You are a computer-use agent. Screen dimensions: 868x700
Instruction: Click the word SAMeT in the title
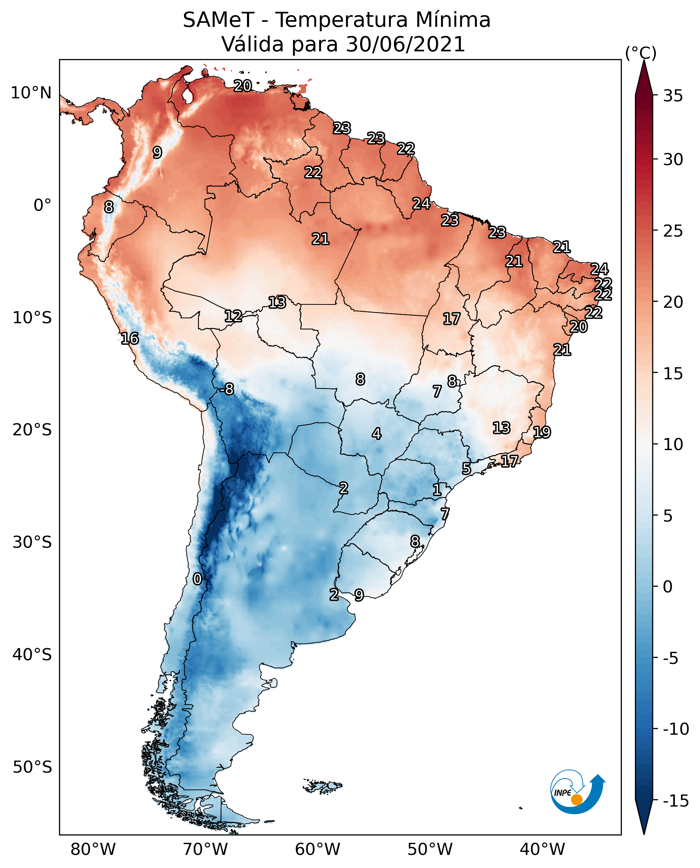(x=218, y=20)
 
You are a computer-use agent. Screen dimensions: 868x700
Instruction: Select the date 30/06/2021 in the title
(x=405, y=44)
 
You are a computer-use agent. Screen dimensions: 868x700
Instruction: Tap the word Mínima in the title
(x=453, y=20)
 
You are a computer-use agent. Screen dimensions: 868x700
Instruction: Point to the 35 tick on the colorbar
(x=673, y=96)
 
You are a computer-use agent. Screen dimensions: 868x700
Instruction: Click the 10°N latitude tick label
(x=31, y=93)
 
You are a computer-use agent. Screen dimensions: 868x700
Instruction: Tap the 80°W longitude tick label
(x=93, y=850)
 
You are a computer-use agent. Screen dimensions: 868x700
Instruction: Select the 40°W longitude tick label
(x=542, y=850)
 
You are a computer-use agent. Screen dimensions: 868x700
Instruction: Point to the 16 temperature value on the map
(x=130, y=338)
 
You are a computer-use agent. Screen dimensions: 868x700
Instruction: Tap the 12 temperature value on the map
(x=233, y=316)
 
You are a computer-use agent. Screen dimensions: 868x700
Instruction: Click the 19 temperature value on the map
(x=542, y=432)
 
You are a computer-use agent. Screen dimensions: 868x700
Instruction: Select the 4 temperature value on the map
(x=376, y=434)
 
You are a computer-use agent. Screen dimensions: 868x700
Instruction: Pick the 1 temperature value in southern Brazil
(x=437, y=490)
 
